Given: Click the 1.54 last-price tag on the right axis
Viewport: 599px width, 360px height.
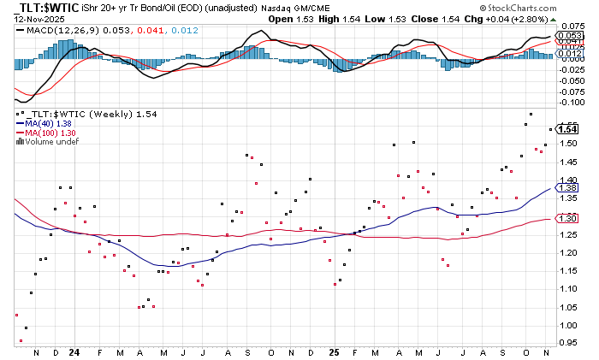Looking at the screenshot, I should pyautogui.click(x=568, y=128).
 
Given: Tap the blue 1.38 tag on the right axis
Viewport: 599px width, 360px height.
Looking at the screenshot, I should pyautogui.click(x=568, y=187).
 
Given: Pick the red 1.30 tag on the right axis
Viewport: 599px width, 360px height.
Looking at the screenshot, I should pyautogui.click(x=568, y=219).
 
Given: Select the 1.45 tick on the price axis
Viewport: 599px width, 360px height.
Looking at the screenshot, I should pyautogui.click(x=568, y=162).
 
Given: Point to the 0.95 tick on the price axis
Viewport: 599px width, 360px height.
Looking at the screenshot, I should pyautogui.click(x=568, y=343).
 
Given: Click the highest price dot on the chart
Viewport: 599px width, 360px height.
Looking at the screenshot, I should pyautogui.click(x=531, y=114).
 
